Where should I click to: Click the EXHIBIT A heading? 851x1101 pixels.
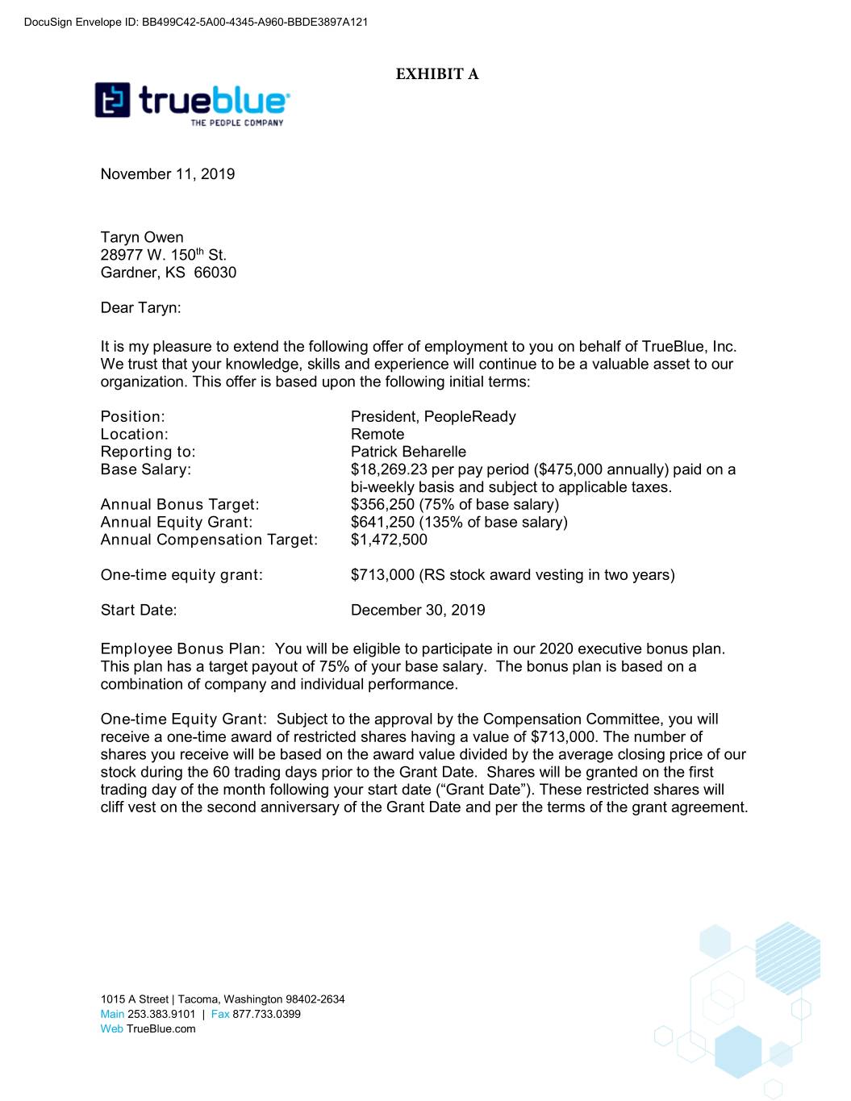coord(437,74)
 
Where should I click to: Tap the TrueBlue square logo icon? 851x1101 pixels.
coord(112,100)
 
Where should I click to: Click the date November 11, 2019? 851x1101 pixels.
coord(168,174)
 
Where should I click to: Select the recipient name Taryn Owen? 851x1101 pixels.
coord(142,237)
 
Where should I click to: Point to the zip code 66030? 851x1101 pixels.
coord(215,273)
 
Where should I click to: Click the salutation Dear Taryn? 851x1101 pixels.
coord(140,307)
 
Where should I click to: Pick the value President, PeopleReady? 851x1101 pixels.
coord(433,417)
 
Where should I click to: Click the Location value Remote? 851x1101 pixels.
coord(378,435)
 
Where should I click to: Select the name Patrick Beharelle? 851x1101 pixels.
coord(408,452)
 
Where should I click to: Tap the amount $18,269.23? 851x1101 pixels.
coord(389,469)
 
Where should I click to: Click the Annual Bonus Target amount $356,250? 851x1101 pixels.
coord(382,505)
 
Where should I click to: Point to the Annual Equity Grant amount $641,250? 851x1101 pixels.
coord(382,523)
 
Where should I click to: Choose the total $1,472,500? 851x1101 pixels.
coord(389,540)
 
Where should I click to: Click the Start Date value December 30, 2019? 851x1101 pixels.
coord(418,611)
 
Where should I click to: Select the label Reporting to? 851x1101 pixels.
coord(148,452)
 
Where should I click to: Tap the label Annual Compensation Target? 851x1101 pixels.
coord(209,540)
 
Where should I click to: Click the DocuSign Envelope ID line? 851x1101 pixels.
coord(196,22)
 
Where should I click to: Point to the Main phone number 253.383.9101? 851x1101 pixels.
coord(161,1014)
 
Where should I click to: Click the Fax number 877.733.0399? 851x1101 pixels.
coord(266,1014)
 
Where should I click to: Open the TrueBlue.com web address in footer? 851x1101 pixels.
coord(161,1028)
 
